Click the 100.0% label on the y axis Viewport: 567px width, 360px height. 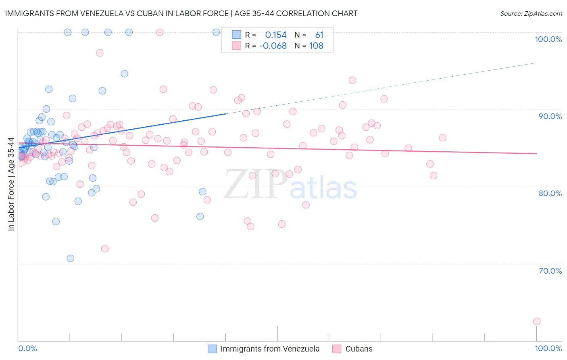tap(548, 39)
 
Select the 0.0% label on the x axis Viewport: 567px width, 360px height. tap(27, 348)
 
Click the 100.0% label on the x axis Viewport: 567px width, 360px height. tap(548, 348)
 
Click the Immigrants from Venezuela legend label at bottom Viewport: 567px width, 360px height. tap(270, 349)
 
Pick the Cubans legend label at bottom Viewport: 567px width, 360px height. tap(359, 349)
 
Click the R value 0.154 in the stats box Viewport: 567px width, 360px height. tap(276, 35)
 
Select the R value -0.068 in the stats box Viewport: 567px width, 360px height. tap(273, 46)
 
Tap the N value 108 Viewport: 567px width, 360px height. tap(316, 46)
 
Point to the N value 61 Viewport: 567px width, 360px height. tap(319, 35)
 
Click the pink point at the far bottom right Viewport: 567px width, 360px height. tap(536, 321)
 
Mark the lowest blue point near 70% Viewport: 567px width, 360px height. tap(71, 258)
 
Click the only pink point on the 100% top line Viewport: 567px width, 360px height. tap(160, 32)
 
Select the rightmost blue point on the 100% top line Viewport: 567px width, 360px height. tap(216, 32)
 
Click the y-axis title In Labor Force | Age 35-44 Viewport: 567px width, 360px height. tap(11, 184)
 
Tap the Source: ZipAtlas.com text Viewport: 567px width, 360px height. tap(531, 14)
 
